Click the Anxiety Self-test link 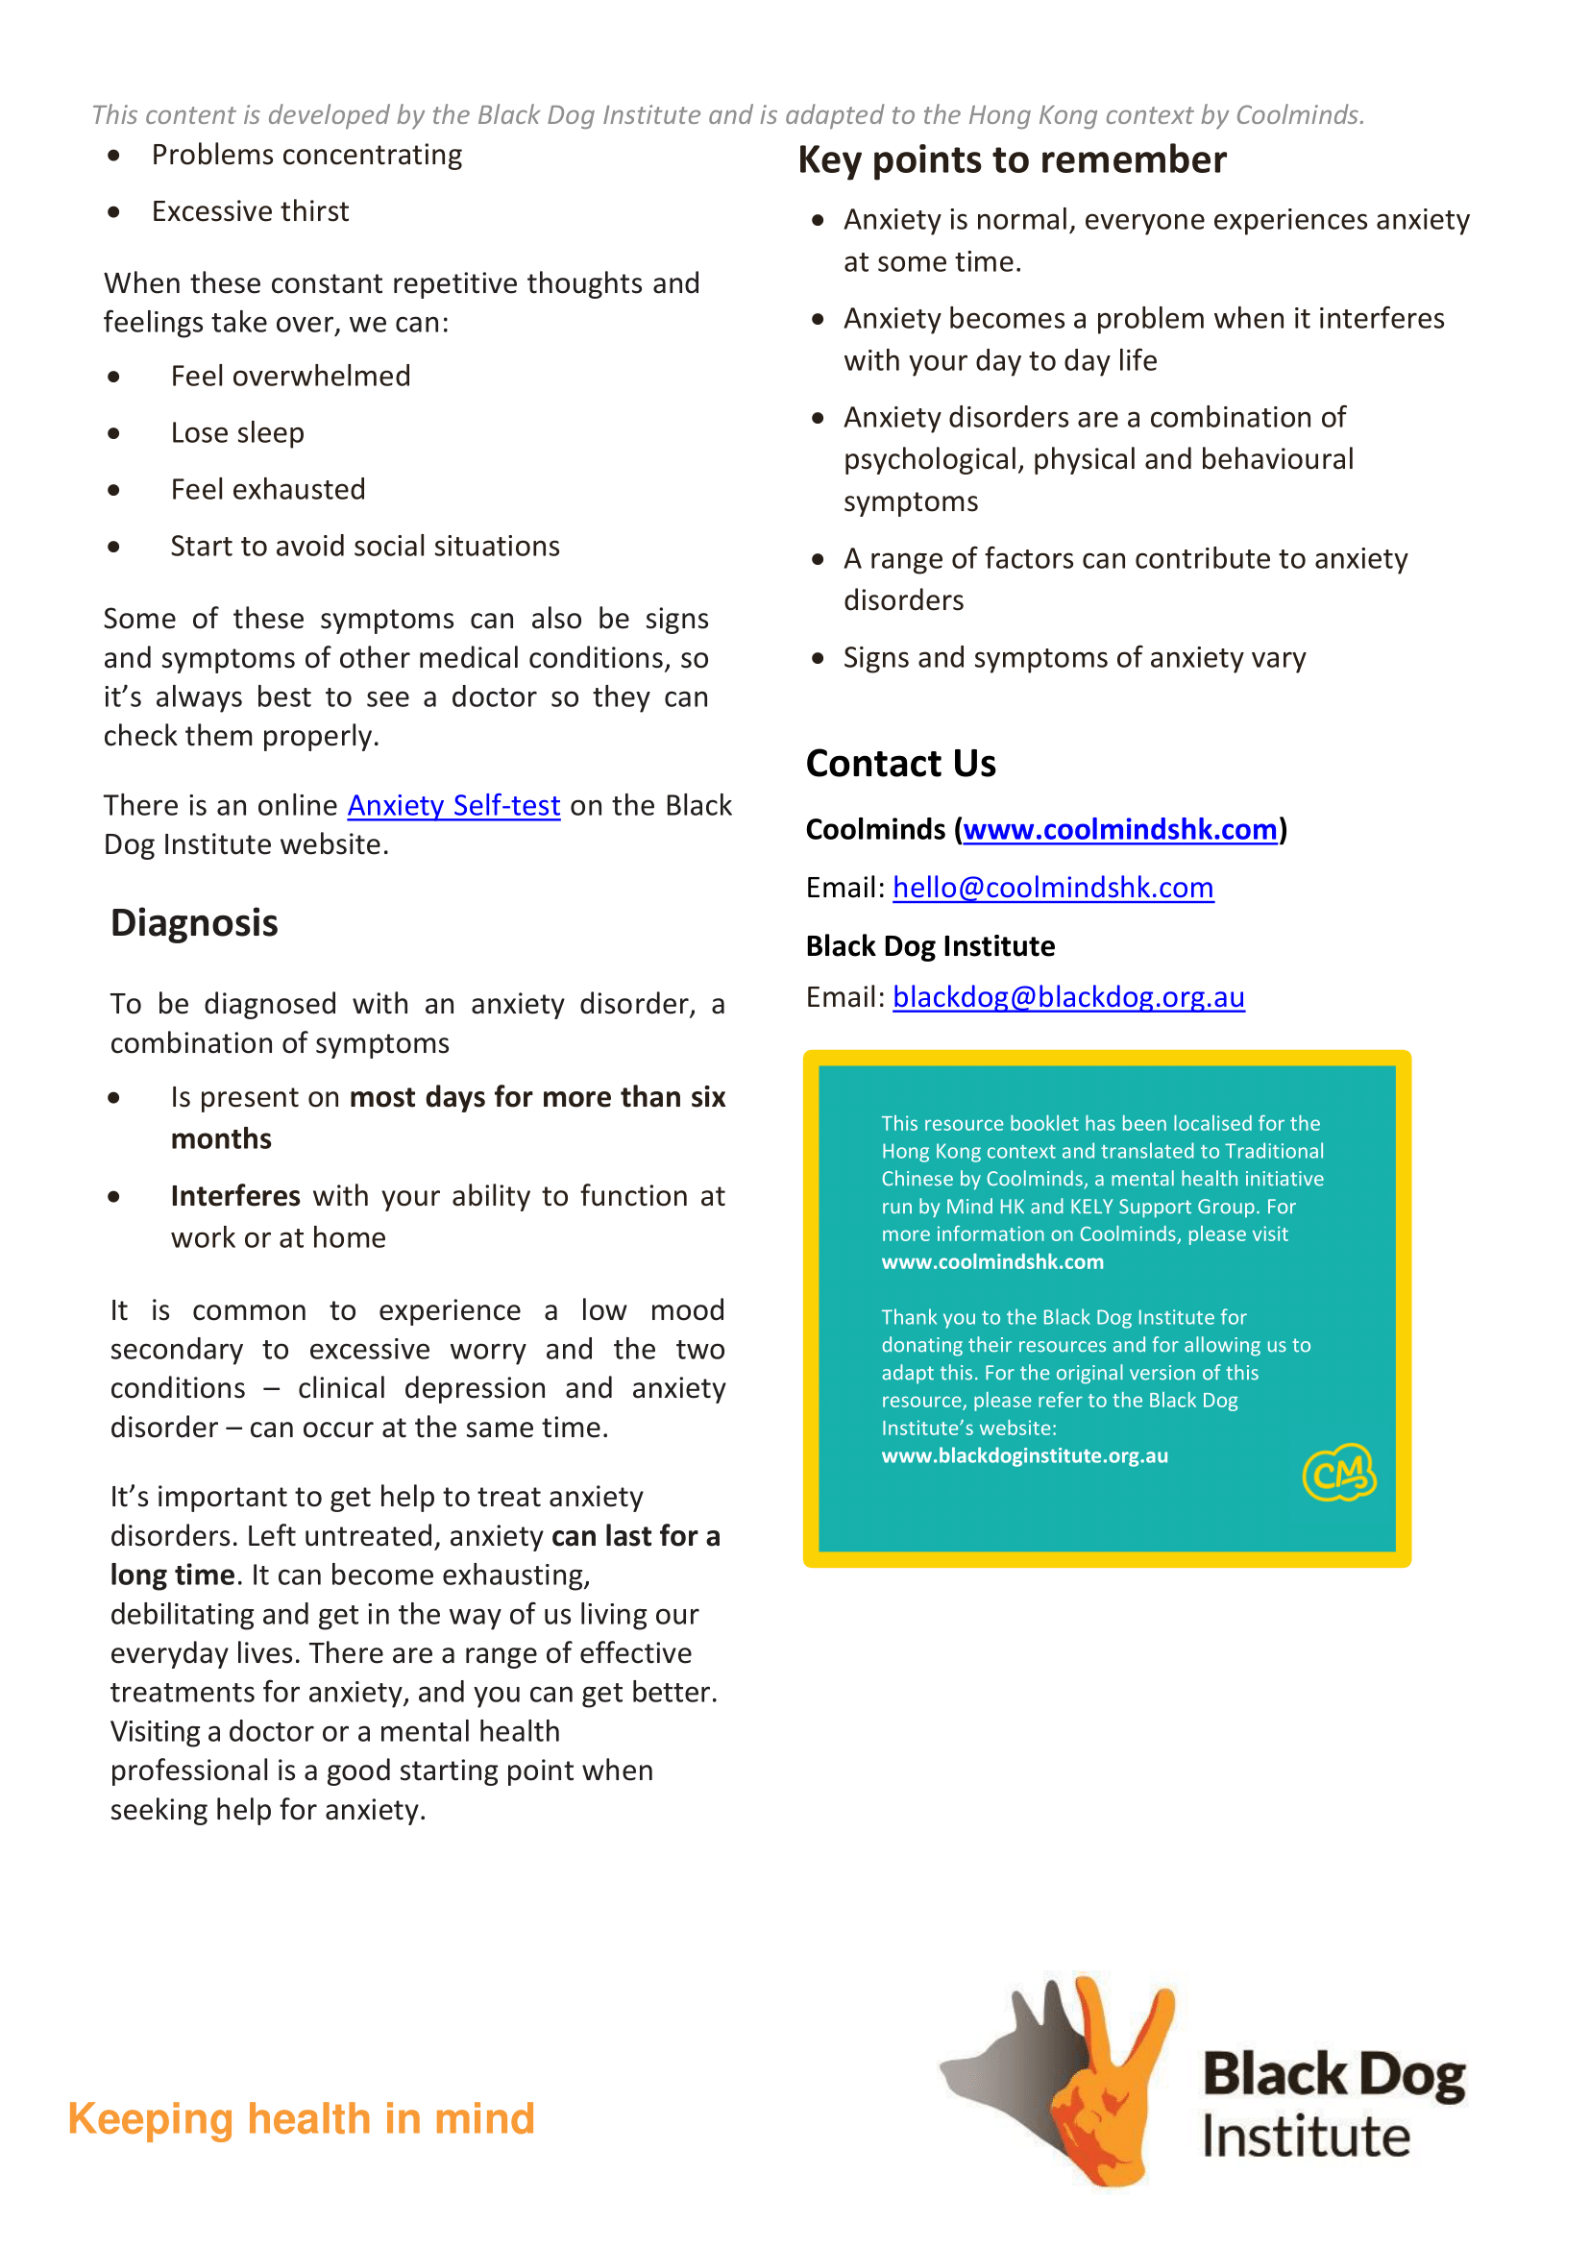click(453, 805)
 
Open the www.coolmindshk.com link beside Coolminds click(1120, 829)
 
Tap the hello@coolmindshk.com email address click(1053, 887)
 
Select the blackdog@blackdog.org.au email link click(1068, 997)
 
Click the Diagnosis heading click(194, 922)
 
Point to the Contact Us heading click(901, 764)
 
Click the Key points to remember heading click(1012, 159)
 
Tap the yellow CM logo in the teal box click(1338, 1472)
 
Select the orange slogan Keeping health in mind click(301, 2118)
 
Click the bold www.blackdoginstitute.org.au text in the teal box click(1024, 1456)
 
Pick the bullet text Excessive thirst click(250, 211)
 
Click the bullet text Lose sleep click(237, 432)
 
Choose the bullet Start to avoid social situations click(364, 547)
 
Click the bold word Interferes click(235, 1195)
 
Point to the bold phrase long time click(172, 1575)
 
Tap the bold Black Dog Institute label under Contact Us click(930, 946)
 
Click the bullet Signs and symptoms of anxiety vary click(1074, 657)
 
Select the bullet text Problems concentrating click(306, 155)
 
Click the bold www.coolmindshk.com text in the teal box click(991, 1262)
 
